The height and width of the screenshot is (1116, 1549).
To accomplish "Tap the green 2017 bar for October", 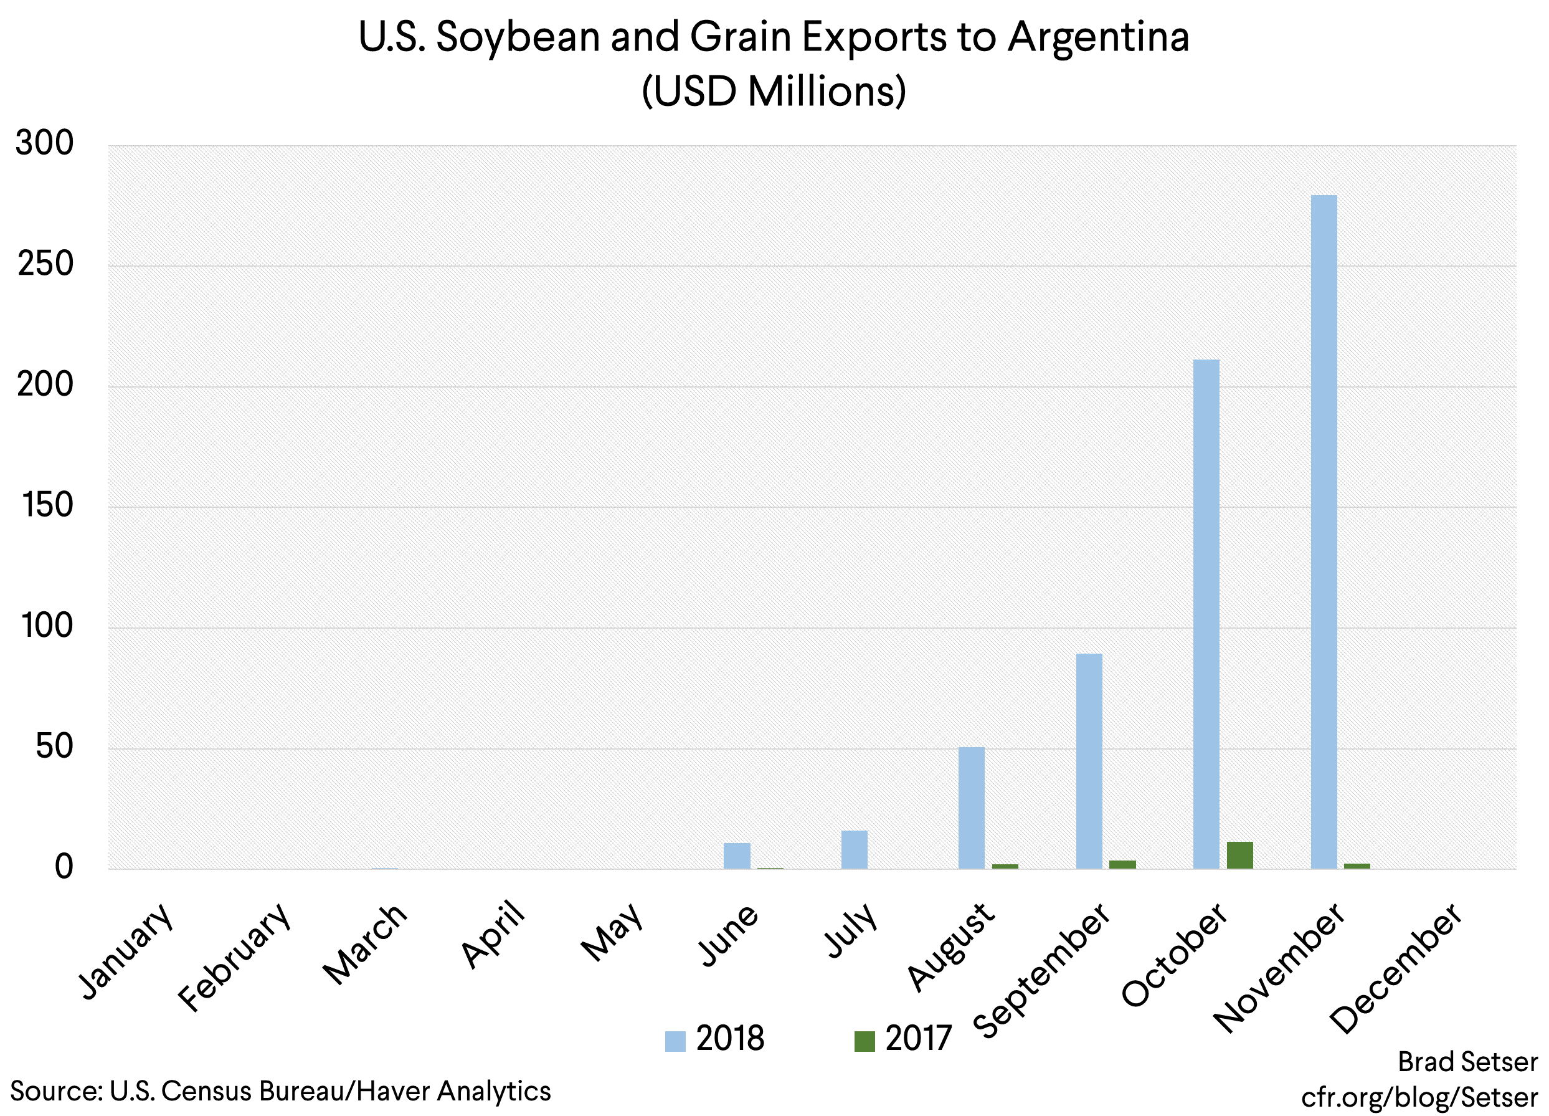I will pyautogui.click(x=1239, y=855).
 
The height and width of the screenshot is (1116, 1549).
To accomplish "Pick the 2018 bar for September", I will pyautogui.click(x=1089, y=761).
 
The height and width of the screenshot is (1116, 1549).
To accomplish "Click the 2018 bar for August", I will pyautogui.click(x=971, y=808).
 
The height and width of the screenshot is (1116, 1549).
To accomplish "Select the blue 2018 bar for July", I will pyautogui.click(x=854, y=849).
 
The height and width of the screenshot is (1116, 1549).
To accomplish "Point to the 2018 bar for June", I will pyautogui.click(x=736, y=856).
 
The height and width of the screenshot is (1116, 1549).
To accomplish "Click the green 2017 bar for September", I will pyautogui.click(x=1122, y=864).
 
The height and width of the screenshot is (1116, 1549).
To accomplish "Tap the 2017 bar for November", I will pyautogui.click(x=1357, y=866).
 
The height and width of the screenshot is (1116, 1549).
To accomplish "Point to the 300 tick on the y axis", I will pyautogui.click(x=45, y=143).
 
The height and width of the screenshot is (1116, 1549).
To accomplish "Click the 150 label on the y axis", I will pyautogui.click(x=47, y=506).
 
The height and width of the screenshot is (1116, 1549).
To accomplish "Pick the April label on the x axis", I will pyautogui.click(x=493, y=934).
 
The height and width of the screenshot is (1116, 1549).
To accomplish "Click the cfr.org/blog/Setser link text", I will pyautogui.click(x=1419, y=1097).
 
